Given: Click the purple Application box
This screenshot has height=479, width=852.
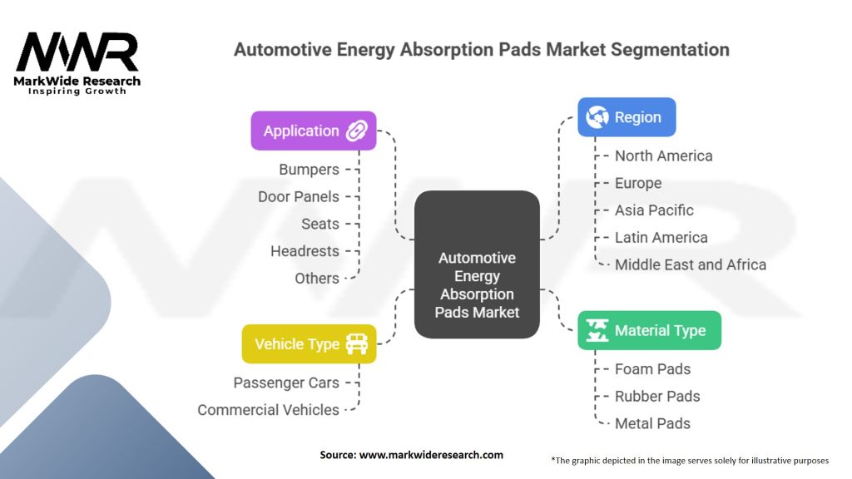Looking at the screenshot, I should (313, 131).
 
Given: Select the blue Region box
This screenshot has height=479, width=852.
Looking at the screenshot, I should (627, 117).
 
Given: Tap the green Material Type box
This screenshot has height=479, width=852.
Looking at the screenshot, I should (649, 330).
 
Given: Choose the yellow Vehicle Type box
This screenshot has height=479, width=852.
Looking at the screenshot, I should (309, 344).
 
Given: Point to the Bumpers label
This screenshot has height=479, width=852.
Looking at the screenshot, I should (309, 170).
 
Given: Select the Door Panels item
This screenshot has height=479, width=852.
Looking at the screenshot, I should (299, 197).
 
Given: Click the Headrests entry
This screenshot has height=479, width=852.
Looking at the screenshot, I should (305, 251).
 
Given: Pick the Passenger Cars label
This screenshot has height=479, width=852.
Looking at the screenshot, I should (286, 383).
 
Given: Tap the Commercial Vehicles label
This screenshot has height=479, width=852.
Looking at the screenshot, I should (268, 410).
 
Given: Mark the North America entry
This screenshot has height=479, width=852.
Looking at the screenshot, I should (663, 156).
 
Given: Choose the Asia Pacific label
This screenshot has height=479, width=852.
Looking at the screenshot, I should (654, 210).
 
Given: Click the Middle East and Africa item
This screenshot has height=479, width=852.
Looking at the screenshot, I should (690, 264).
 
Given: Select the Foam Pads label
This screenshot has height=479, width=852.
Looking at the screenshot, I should (652, 369).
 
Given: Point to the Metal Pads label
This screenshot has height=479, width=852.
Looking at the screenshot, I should (652, 423).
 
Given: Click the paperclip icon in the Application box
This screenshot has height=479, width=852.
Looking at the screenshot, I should (357, 131).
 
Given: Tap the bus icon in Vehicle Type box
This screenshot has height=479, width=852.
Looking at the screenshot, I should (356, 344).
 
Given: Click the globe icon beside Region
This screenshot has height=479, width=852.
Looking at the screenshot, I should (597, 117).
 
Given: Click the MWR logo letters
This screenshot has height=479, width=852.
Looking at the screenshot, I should (77, 53).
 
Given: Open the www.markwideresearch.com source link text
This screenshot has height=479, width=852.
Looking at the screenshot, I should (429, 455).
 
